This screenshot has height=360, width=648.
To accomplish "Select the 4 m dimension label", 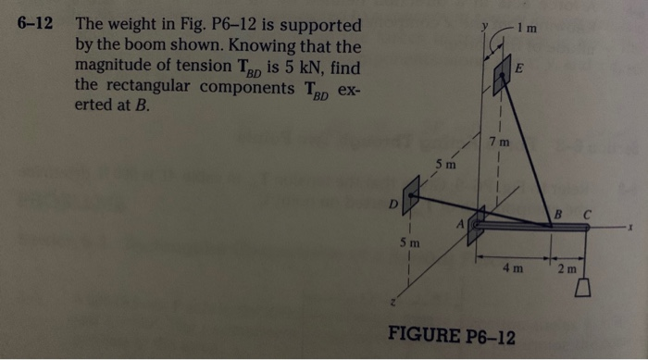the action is click(512, 269).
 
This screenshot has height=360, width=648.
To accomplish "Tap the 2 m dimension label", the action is click(567, 269).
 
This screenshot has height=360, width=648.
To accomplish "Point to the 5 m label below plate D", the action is click(410, 243).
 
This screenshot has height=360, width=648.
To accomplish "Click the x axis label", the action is click(629, 225).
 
